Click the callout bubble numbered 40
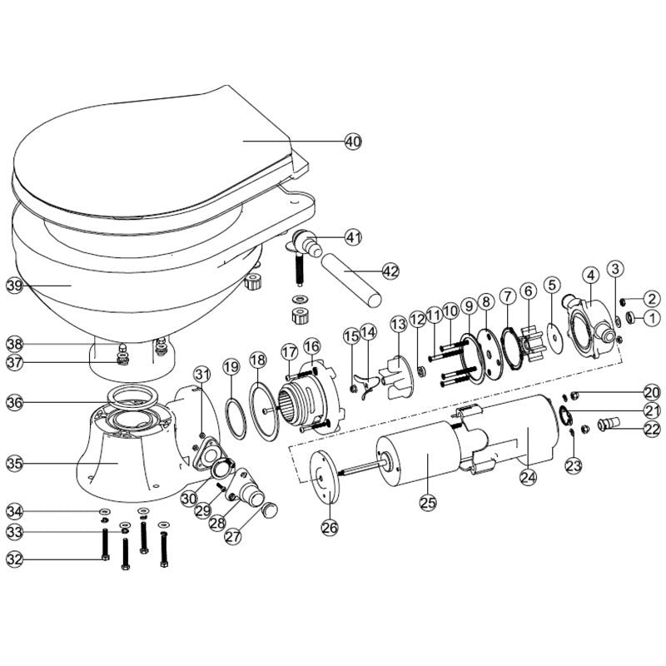(353, 142)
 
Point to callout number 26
(331, 526)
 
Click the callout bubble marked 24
(527, 477)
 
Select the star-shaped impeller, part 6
(530, 339)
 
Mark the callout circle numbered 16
(311, 345)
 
